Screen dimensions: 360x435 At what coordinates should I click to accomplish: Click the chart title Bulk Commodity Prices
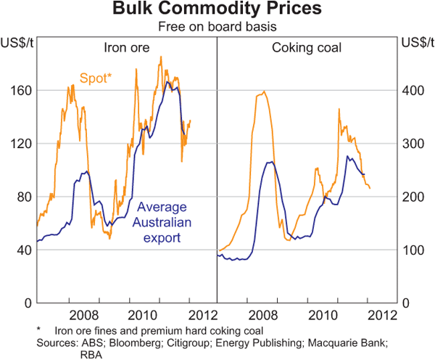(x=217, y=10)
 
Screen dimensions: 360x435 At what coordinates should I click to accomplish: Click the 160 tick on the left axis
(x=20, y=91)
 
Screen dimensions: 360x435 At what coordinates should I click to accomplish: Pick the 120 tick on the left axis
(x=20, y=144)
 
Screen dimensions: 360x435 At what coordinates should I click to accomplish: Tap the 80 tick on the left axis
(x=22, y=197)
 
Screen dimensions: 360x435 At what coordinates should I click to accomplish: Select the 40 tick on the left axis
(x=22, y=250)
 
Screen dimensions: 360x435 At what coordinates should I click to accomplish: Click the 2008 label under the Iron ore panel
(x=84, y=316)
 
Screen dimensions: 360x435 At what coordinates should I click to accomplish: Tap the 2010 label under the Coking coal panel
(x=321, y=316)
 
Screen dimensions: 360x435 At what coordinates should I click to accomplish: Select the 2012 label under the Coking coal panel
(x=382, y=316)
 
